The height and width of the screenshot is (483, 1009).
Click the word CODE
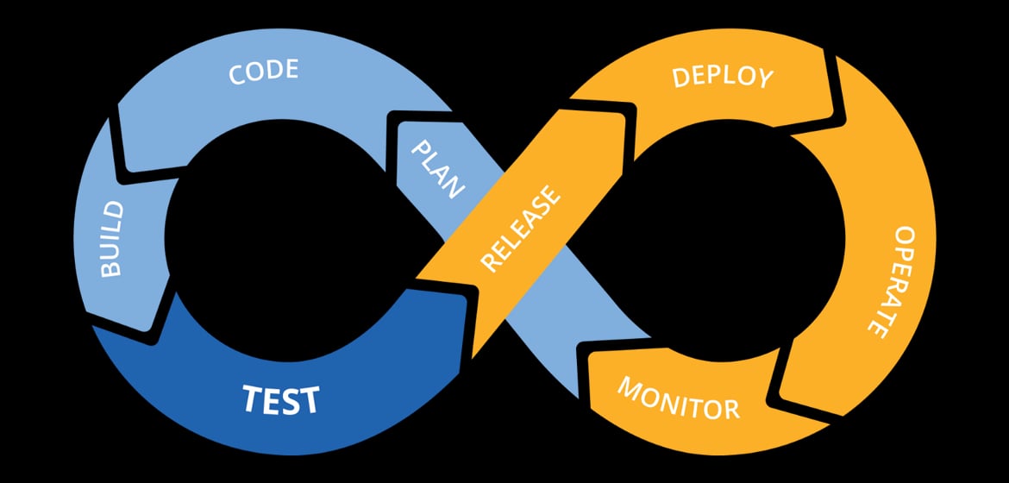263,72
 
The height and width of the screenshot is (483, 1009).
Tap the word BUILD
112,239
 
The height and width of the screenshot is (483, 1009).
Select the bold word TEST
280,400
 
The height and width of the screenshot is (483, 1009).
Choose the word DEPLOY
723,76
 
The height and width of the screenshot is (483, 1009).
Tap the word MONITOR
678,398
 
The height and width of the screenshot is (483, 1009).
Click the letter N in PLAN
454,188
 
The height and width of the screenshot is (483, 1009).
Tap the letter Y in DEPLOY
764,78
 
